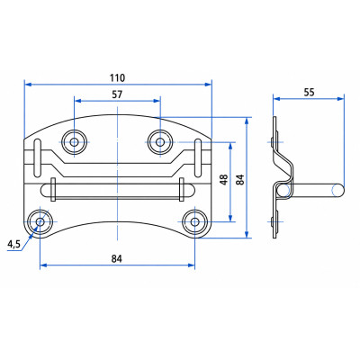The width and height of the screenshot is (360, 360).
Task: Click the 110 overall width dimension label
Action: (117, 77)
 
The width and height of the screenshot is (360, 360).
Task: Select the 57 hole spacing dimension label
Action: (117, 94)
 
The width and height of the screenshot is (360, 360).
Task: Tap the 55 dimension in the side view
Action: (309, 93)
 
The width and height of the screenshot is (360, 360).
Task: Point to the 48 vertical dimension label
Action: (224, 179)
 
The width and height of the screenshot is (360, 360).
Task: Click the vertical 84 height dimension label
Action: (240, 179)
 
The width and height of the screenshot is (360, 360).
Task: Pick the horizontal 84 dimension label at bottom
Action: (117, 258)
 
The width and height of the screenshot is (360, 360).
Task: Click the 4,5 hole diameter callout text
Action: (13, 245)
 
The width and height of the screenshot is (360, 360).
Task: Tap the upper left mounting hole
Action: (74, 142)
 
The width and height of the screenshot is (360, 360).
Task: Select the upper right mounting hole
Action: (160, 142)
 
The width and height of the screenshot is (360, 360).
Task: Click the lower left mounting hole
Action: (40, 222)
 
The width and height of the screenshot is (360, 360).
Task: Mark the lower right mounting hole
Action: (194, 222)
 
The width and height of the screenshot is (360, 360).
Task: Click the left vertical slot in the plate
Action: (38, 157)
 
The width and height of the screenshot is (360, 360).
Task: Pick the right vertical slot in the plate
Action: (198, 157)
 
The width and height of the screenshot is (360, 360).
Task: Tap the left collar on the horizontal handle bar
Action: (53, 190)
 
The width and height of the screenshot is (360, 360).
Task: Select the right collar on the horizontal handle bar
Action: (182, 190)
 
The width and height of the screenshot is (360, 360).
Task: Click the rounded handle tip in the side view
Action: (338, 191)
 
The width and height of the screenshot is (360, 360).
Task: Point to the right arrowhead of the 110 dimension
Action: (208, 85)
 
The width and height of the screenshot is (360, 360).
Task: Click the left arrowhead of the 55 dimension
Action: (277, 99)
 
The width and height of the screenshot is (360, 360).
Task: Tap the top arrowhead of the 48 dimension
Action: (230, 146)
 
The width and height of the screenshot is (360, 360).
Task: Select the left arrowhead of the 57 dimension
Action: (78, 101)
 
